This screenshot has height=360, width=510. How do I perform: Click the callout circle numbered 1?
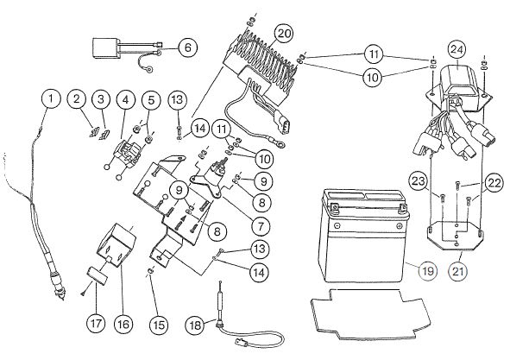(x=51, y=98)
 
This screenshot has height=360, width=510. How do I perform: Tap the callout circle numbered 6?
(x=188, y=47)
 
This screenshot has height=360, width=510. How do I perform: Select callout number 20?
(x=284, y=34)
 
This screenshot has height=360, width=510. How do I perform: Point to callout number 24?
(x=457, y=50)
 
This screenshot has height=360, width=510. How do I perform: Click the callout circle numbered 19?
(x=428, y=270)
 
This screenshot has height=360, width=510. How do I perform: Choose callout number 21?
(x=458, y=271)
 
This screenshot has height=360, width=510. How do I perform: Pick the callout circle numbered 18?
(x=195, y=325)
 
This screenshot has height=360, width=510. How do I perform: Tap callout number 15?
(x=159, y=325)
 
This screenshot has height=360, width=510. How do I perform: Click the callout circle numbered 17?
(x=97, y=323)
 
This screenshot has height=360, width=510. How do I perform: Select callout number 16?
(x=123, y=324)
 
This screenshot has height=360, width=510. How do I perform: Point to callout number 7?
(x=261, y=226)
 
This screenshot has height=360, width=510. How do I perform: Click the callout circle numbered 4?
(x=125, y=99)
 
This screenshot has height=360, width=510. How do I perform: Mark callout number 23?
(x=419, y=181)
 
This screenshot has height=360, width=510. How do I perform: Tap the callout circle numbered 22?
(x=494, y=183)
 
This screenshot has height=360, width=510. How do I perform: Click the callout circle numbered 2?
(x=77, y=98)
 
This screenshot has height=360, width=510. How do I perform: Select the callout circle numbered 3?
(x=101, y=98)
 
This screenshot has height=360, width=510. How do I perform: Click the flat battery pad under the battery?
(x=370, y=313)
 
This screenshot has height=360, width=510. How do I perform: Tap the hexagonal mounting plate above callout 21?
(x=455, y=236)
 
